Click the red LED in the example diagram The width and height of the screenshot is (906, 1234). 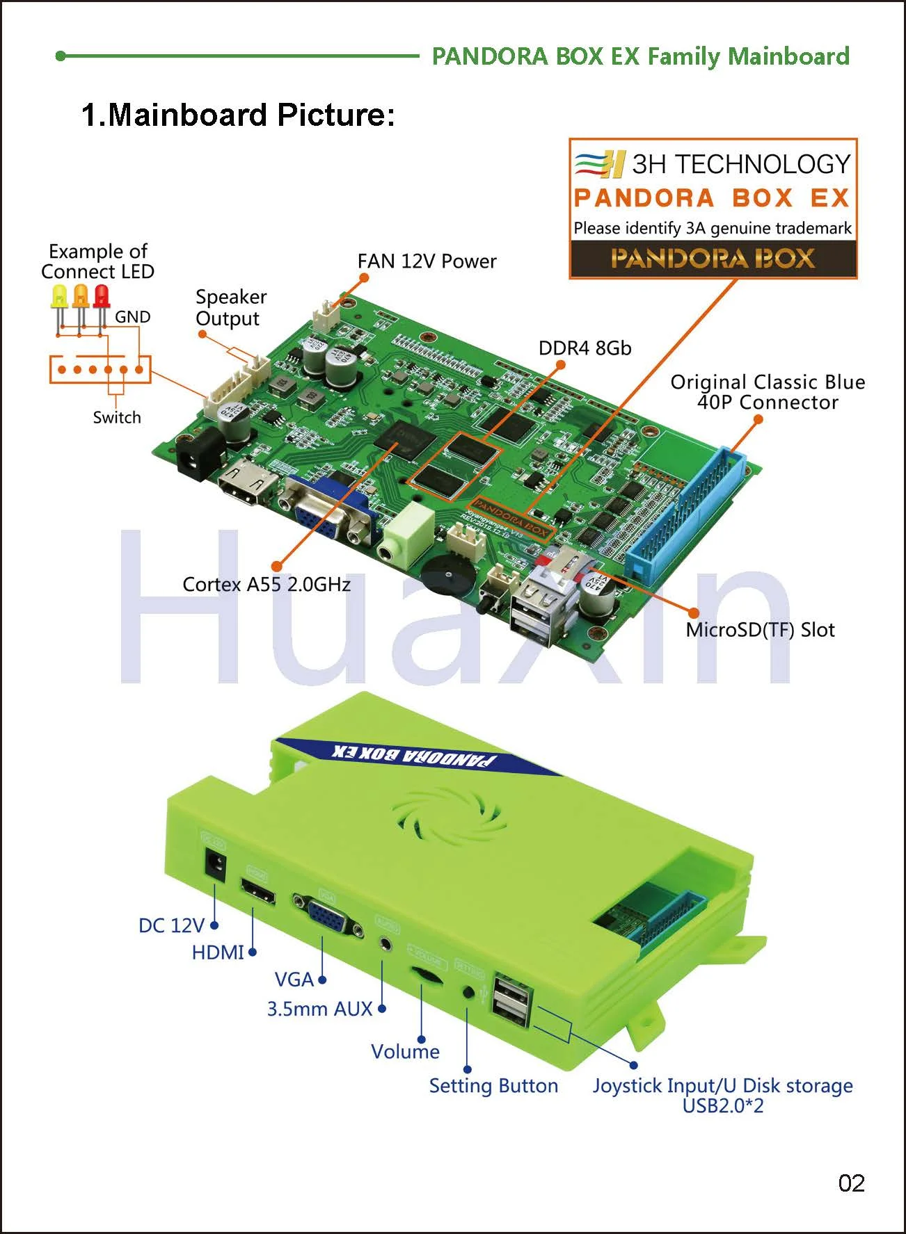click(x=102, y=297)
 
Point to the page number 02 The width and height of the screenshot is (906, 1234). click(x=851, y=1183)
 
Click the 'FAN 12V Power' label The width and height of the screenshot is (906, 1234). click(x=427, y=261)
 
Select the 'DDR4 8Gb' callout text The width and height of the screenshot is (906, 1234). click(x=585, y=348)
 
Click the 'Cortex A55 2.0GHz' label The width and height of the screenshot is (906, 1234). click(x=266, y=584)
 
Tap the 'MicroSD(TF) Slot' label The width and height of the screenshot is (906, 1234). click(x=760, y=630)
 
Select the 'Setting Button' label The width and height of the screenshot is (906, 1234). click(x=493, y=1086)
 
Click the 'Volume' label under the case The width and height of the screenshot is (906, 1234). click(x=405, y=1051)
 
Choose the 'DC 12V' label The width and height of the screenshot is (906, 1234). click(x=171, y=925)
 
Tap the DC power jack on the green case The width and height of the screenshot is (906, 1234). click(x=215, y=864)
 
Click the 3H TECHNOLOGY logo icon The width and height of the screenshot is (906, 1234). click(x=600, y=165)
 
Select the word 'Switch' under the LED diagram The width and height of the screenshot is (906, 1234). click(x=117, y=417)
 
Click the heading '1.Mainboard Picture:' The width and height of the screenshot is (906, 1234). click(x=238, y=115)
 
